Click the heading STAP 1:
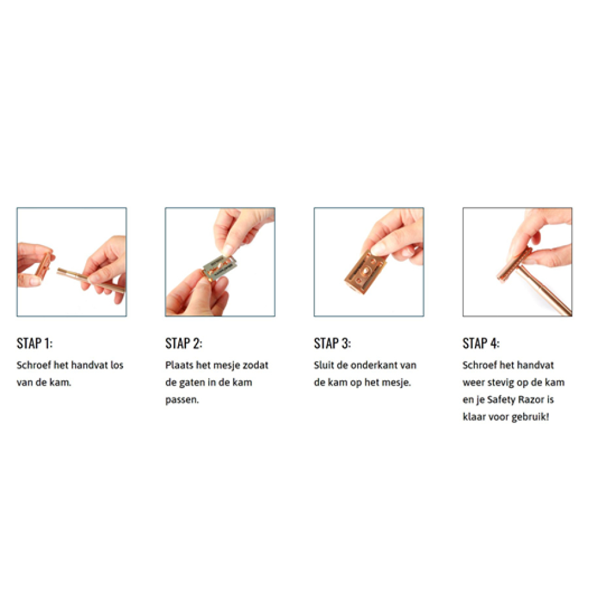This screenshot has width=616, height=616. click(34, 343)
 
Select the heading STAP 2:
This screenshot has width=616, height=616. click(184, 343)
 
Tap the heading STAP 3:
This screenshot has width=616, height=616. click(333, 343)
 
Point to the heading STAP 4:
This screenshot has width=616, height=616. click(481, 343)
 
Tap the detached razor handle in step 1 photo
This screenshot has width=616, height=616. click(91, 279)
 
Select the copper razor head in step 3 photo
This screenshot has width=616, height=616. click(366, 272)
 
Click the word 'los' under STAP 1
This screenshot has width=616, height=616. click(116, 365)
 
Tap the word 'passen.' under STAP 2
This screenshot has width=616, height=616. click(182, 400)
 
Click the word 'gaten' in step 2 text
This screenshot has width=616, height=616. click(192, 383)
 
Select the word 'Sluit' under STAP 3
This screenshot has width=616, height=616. click(324, 365)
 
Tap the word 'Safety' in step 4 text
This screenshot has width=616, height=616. click(500, 400)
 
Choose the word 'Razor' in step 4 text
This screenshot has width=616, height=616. click(531, 400)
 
